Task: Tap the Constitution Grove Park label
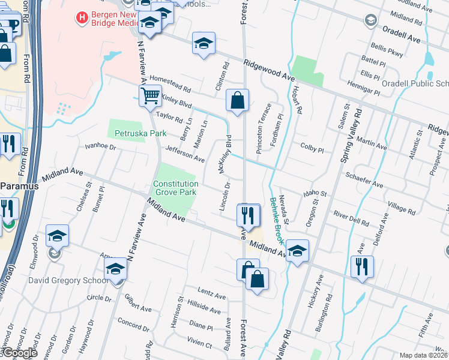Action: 175,188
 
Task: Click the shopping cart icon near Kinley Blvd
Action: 149,95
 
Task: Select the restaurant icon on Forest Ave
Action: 248,214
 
